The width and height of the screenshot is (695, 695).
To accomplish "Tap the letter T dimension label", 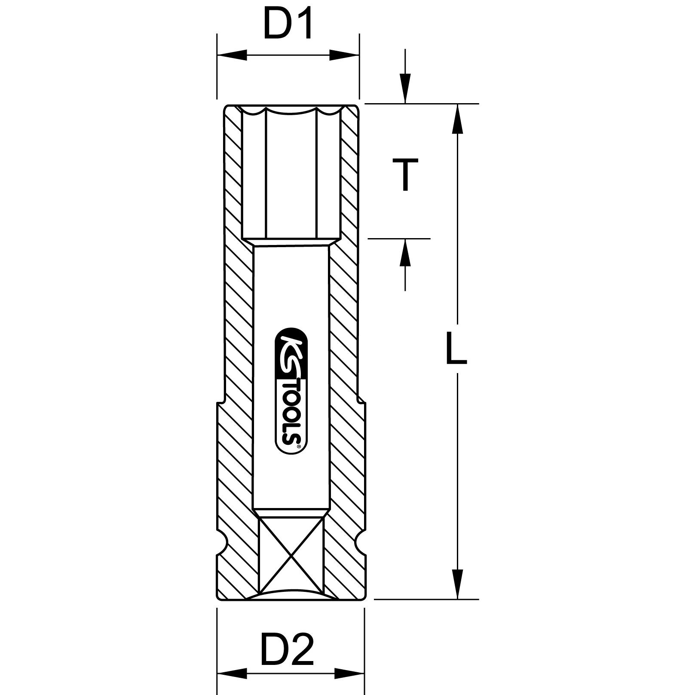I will coord(405,174).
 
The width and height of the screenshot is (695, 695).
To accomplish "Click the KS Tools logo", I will coord(291,391).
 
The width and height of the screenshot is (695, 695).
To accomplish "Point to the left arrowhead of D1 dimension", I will coord(232,55).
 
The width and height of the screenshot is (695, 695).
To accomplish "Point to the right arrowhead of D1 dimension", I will coord(344,55).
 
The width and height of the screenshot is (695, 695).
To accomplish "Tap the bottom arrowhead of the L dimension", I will coord(458,585).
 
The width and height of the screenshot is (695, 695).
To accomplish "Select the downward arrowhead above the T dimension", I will coord(405,88).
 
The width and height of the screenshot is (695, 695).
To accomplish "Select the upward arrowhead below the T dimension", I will coord(405,254).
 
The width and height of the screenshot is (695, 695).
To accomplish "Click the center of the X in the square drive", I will coord(291,554).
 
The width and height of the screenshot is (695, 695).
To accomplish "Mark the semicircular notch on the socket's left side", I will coord(223,544).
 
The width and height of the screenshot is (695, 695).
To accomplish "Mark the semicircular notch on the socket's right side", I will coord(360,544).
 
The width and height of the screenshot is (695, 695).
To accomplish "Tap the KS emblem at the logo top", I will coord(291,352).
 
